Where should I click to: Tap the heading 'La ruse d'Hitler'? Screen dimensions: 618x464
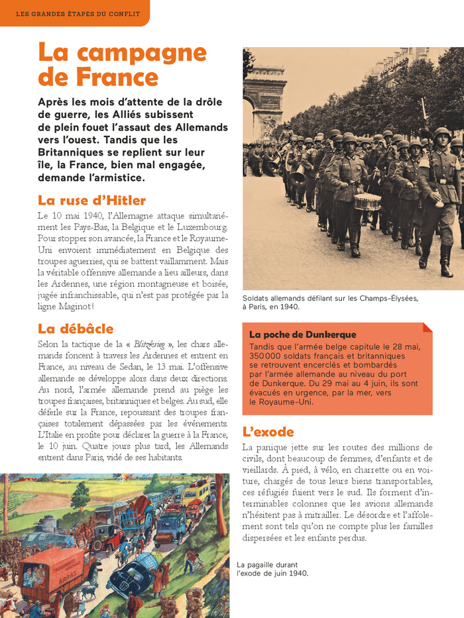pyautogui.click(x=91, y=200)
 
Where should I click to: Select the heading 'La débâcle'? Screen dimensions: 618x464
pyautogui.click(x=76, y=329)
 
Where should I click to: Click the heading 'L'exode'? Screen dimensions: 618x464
pyautogui.click(x=268, y=432)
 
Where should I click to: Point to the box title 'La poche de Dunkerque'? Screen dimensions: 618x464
pyautogui.click(x=302, y=335)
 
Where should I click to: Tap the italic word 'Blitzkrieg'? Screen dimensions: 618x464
pyautogui.click(x=149, y=344)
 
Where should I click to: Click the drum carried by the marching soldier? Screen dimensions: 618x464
pyautogui.click(x=367, y=201)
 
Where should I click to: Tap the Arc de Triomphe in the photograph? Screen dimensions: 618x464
pyautogui.click(x=264, y=93)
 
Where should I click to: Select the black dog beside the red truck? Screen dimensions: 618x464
pyautogui.click(x=87, y=590)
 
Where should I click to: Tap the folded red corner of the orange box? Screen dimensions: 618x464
pyautogui.click(x=427, y=327)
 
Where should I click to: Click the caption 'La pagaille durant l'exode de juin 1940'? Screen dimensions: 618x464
pyautogui.click(x=272, y=569)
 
